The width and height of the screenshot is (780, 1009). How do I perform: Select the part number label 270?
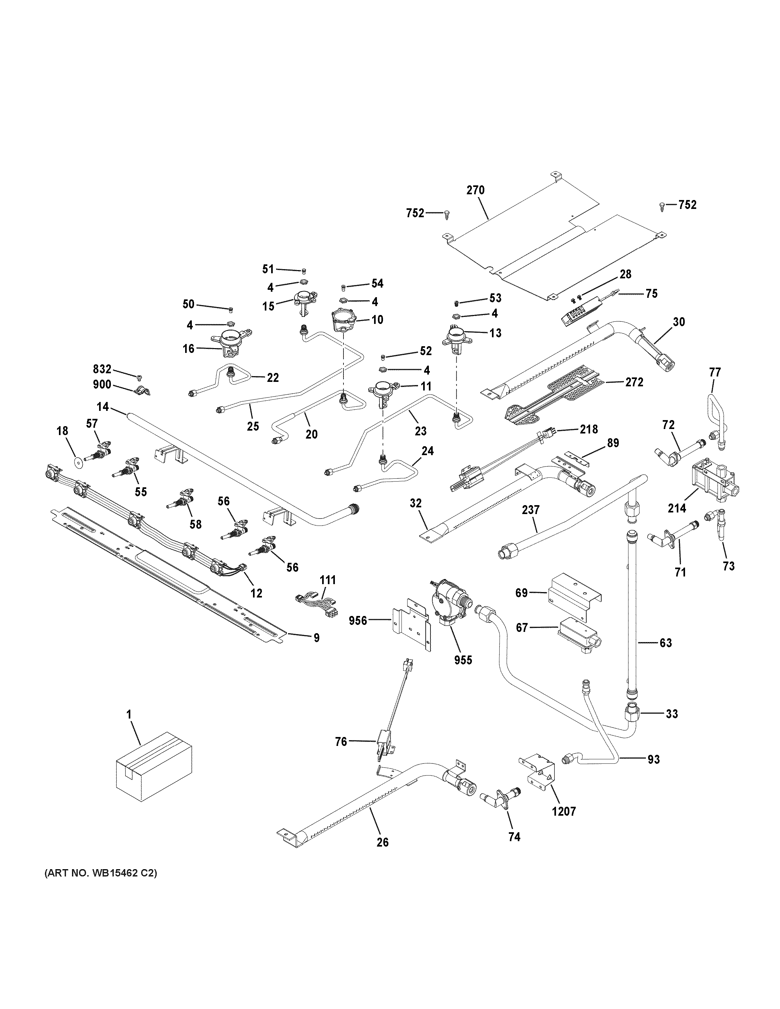click(x=475, y=190)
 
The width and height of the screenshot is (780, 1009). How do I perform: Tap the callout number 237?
click(x=531, y=510)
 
